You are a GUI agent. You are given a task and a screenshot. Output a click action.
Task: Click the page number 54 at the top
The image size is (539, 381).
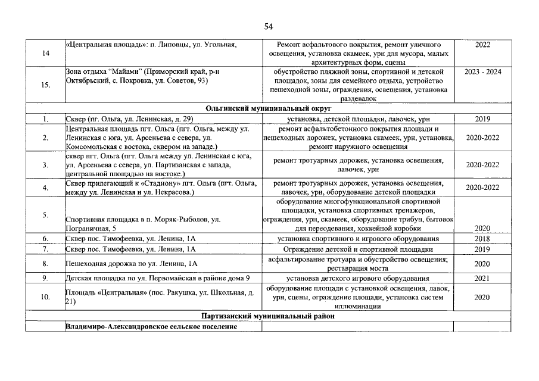268,27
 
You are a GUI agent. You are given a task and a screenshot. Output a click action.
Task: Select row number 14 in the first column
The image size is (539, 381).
46,54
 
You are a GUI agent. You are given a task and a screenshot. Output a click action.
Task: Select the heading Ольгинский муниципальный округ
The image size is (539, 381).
269,109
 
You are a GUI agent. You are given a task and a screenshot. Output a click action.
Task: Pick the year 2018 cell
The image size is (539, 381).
482,238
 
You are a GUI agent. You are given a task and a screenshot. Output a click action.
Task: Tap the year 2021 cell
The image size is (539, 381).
482,278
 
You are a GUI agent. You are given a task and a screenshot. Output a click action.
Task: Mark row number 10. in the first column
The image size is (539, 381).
45,297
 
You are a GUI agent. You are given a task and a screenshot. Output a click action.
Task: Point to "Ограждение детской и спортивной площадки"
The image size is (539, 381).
357,249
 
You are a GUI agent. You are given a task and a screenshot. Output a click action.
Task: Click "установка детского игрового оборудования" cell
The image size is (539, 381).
357,278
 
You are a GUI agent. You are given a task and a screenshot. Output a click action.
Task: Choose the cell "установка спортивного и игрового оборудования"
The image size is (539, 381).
357,239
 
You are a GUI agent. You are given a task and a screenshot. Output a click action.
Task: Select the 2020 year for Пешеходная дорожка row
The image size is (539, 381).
482,264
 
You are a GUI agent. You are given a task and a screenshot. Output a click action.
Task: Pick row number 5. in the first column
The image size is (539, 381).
45,215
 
